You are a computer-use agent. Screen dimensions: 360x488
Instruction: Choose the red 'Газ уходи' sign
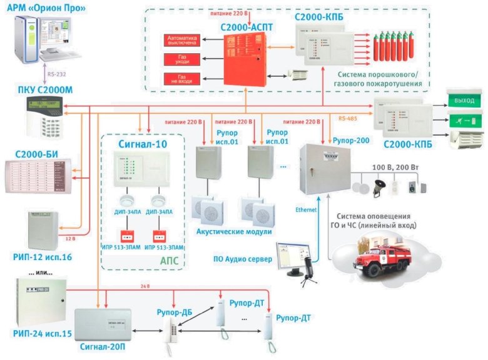pos(181,60)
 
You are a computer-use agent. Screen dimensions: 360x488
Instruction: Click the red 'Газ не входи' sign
pos(181,79)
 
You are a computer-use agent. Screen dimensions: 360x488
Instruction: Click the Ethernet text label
pos(307,211)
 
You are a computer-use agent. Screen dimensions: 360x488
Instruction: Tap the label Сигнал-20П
pos(101,344)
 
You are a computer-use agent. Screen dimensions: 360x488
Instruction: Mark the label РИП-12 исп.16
pos(42,257)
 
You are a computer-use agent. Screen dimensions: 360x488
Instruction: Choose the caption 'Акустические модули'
pos(234,232)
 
